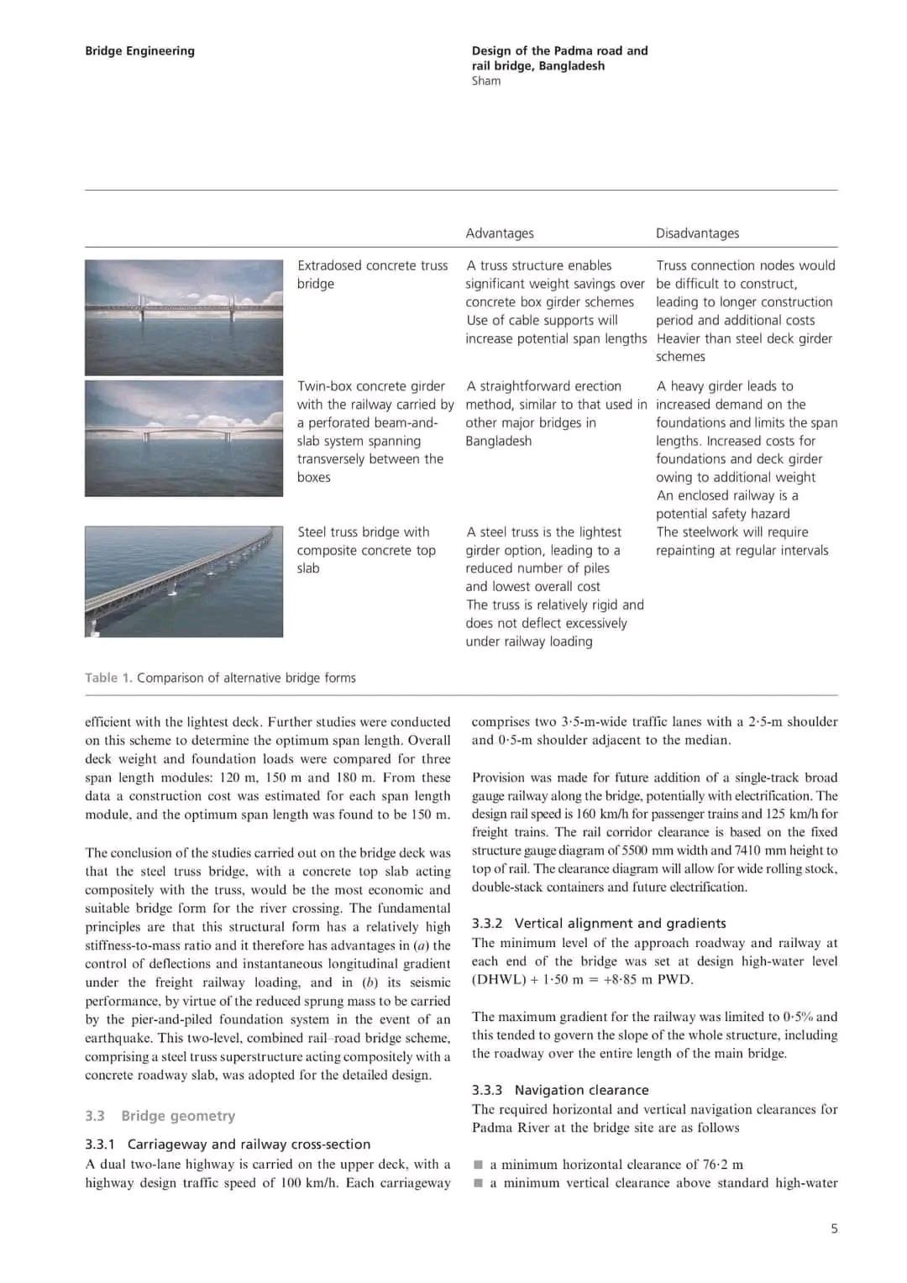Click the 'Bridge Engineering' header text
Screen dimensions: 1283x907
139,51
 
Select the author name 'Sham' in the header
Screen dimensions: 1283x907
486,81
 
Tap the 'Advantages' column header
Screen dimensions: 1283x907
500,233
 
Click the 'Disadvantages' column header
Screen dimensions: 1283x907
697,233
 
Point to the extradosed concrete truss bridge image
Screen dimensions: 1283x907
184,317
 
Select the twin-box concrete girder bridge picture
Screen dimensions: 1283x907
184,438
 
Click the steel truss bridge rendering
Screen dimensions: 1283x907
184,581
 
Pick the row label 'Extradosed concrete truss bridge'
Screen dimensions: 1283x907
372,275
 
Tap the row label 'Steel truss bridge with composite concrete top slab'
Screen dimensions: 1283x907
366,550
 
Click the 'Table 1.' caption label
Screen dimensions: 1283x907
108,678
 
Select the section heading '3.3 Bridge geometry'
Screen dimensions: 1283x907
160,1116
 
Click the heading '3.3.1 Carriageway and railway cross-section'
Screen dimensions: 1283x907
228,1144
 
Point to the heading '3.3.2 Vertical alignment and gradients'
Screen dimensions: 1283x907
599,924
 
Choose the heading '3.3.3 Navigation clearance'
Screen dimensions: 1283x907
560,1090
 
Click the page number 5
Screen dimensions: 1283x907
834,1228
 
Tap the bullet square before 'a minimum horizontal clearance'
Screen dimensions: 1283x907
479,1165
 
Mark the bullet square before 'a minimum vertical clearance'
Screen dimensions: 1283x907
479,1183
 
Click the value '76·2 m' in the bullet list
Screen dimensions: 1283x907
723,1165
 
